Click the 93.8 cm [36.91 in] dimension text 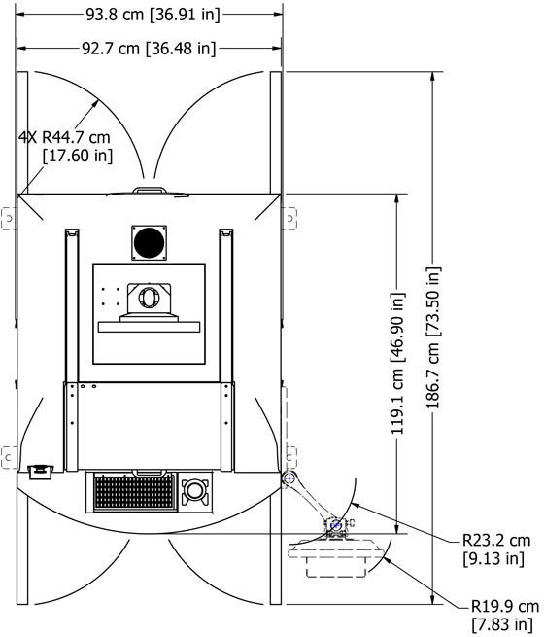(x=153, y=15)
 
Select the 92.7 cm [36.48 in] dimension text (x=149, y=49)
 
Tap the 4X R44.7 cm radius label (x=64, y=137)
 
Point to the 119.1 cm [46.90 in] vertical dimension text (x=397, y=363)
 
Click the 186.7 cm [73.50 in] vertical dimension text (x=433, y=337)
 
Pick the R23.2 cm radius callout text (x=496, y=541)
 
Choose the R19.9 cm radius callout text (x=504, y=607)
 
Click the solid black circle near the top (x=149, y=242)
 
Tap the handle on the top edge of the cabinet (x=150, y=191)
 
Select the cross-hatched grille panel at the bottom (x=134, y=492)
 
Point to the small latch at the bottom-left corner (x=40, y=471)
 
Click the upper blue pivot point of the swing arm (x=289, y=478)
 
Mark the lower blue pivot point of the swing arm (x=335, y=525)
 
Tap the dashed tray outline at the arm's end (x=336, y=556)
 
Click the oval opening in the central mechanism (x=149, y=298)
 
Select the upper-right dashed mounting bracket (x=290, y=218)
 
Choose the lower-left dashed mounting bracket (x=9, y=457)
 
